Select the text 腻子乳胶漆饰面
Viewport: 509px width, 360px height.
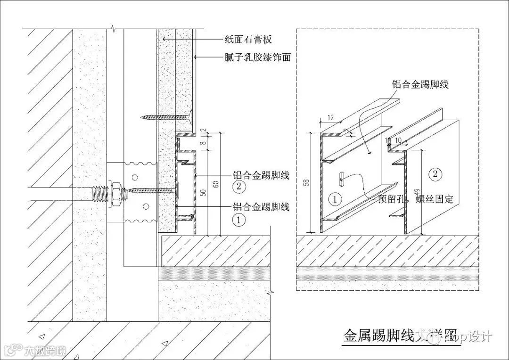point(257,58)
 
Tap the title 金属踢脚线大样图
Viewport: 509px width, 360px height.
point(400,335)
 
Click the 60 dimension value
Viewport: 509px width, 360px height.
point(216,184)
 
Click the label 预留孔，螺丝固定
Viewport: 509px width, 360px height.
point(416,199)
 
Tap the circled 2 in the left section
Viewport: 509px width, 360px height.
point(239,186)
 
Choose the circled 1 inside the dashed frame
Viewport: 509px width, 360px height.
point(334,199)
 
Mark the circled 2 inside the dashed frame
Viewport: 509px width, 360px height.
point(435,174)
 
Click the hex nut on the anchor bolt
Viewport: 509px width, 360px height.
point(115,193)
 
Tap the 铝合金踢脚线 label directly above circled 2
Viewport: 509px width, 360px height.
point(261,175)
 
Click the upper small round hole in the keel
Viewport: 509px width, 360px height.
point(135,177)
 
